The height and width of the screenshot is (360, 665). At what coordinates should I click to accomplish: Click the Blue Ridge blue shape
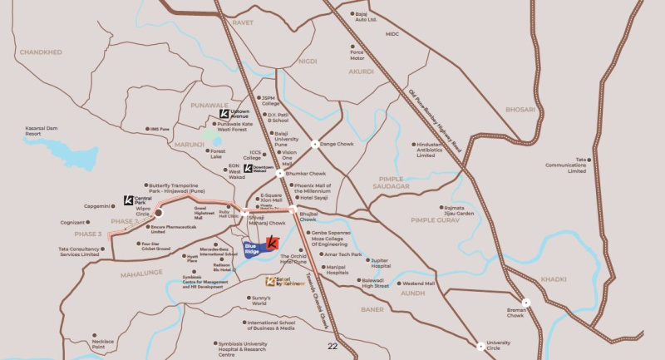tap(254, 249)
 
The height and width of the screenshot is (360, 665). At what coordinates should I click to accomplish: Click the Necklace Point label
tap(103, 343)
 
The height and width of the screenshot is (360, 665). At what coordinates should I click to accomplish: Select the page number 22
tap(332, 346)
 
